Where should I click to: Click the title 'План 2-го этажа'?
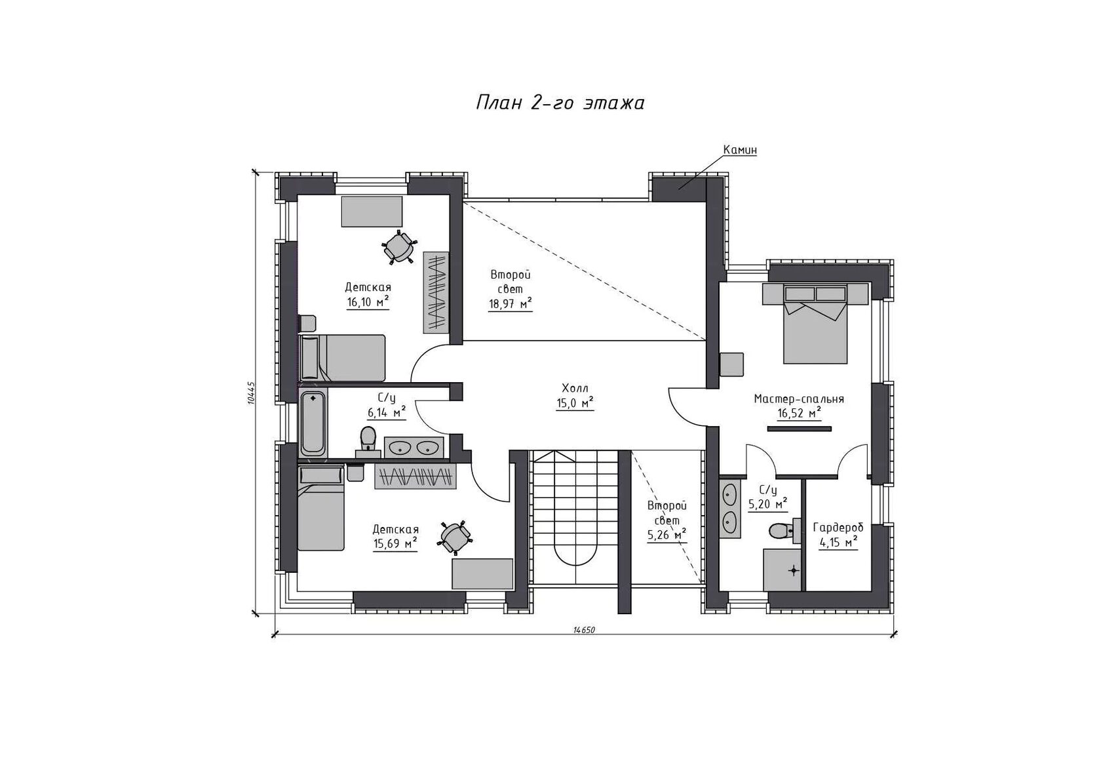[x=560, y=103]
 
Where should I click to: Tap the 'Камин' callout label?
[x=740, y=149]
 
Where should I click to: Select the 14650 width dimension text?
[x=584, y=630]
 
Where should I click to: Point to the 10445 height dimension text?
[x=251, y=393]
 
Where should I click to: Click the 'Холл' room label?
[x=575, y=388]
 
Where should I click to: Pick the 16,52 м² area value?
[x=800, y=413]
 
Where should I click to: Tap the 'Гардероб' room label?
[x=838, y=528]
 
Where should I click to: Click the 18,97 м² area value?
[x=510, y=303]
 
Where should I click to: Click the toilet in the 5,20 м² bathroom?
[x=781, y=531]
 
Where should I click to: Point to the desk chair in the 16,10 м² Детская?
[x=399, y=247]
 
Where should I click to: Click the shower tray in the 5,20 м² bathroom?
[x=782, y=570]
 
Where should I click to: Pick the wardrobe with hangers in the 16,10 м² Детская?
[x=436, y=292]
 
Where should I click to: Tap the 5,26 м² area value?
[x=667, y=535]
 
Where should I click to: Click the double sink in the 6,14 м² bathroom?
[x=414, y=447]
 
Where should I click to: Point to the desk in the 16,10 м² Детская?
[x=372, y=211]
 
